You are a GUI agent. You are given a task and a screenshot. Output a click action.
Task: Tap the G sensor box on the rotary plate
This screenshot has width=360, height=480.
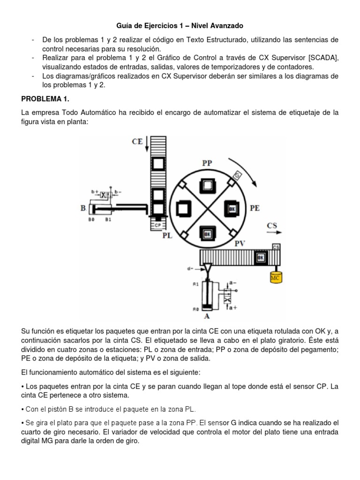pyautogui.click(x=238, y=175)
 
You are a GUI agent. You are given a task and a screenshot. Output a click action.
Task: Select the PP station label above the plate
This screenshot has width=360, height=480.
pyautogui.click(x=207, y=163)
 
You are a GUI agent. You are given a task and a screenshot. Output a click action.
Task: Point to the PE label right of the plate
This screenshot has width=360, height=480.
pyautogui.click(x=255, y=208)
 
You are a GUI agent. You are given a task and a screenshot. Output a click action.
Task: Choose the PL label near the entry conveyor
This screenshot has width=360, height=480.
pyautogui.click(x=167, y=235)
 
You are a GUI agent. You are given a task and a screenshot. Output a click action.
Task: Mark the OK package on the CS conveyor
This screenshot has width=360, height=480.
pyautogui.click(x=261, y=258)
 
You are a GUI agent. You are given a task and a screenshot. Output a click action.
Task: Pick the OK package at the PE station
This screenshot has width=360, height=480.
pyautogui.click(x=232, y=207)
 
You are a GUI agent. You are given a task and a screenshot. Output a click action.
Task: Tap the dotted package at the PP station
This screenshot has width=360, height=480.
pyautogui.click(x=207, y=186)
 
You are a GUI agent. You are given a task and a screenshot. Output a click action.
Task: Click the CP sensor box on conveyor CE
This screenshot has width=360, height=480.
pyautogui.click(x=157, y=225)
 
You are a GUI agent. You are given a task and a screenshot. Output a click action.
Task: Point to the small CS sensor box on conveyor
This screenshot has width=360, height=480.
pyautogui.click(x=276, y=247)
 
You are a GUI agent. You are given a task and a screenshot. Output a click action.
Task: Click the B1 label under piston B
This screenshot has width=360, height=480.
pyautogui.click(x=108, y=219)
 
